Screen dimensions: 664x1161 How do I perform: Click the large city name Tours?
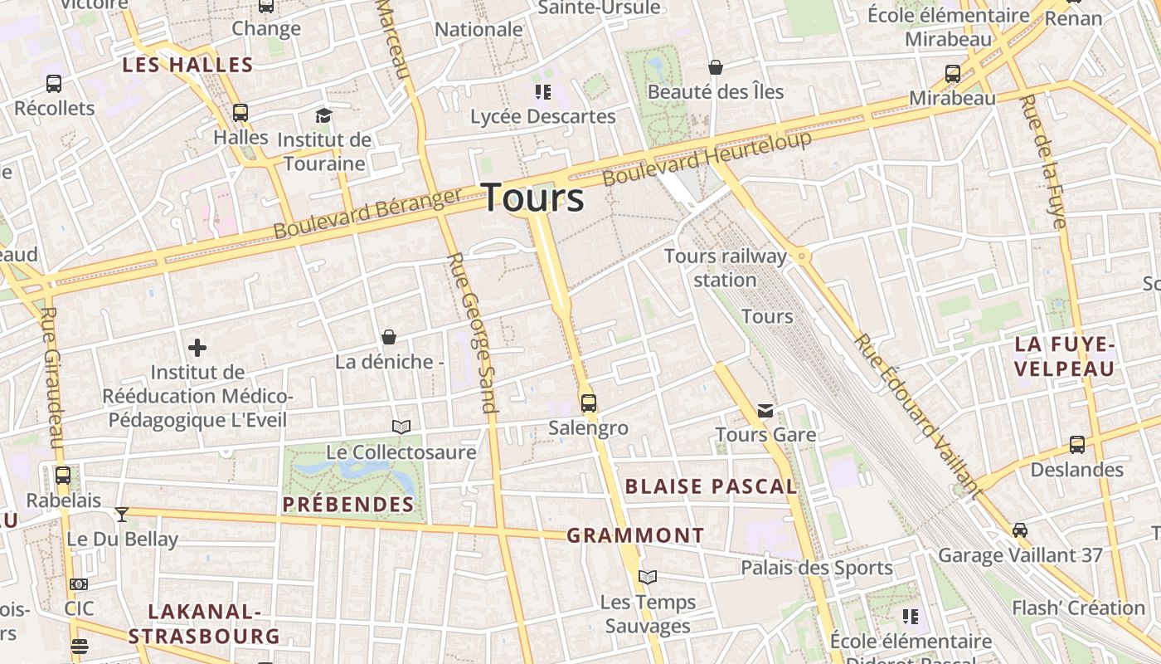pos(532,198)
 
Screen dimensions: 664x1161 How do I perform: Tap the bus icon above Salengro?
pos(589,403)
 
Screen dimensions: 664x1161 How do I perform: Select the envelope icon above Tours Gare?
pos(765,411)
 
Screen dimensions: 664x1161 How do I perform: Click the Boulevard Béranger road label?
pos(367,213)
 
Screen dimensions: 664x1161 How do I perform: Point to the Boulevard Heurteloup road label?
pos(707,159)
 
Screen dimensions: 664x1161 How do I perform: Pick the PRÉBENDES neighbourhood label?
pos(348,505)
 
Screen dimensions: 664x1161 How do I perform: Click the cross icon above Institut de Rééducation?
pos(197,348)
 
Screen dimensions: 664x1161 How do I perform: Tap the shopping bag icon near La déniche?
pos(389,337)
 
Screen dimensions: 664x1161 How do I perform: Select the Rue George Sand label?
pos(470,332)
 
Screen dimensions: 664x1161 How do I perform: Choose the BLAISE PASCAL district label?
pos(711,486)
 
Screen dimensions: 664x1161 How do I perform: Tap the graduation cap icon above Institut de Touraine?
pos(323,115)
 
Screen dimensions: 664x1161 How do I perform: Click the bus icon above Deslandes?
pos(1077,445)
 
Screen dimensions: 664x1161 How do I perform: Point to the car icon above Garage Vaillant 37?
pos(1020,530)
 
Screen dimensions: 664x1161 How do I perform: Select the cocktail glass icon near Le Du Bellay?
pos(122,515)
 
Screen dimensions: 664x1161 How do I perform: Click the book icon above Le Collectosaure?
pos(401,427)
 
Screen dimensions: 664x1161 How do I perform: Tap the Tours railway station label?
pos(725,267)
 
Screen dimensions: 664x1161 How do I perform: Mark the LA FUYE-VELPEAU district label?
pos(1065,356)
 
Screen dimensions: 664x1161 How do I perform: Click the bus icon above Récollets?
pos(54,84)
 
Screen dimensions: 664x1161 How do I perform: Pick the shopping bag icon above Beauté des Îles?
pos(716,67)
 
